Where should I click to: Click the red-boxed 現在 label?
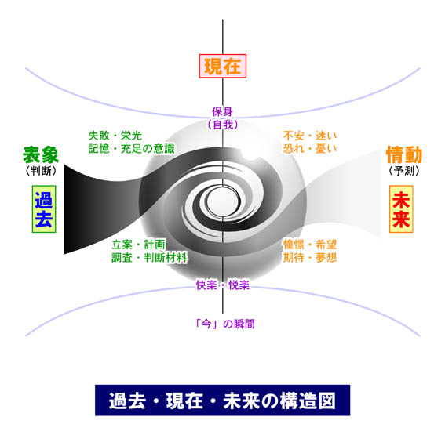(x=223, y=66)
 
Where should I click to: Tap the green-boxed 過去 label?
(x=44, y=209)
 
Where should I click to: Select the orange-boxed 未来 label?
(x=401, y=209)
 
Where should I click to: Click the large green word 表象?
(x=41, y=155)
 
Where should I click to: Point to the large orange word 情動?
(x=404, y=154)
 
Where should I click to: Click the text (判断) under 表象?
(x=41, y=171)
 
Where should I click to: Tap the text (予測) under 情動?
(x=404, y=171)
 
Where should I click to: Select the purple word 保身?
(x=223, y=111)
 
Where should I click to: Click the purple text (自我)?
(x=223, y=125)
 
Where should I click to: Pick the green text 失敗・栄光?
(x=115, y=136)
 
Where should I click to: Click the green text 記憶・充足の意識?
(x=131, y=149)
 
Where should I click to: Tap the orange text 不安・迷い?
(x=310, y=136)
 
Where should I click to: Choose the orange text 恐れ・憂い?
(x=310, y=149)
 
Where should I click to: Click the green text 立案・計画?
(x=138, y=245)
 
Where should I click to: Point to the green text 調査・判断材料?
(x=149, y=258)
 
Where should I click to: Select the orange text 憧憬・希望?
(x=310, y=245)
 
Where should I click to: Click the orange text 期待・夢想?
(x=310, y=258)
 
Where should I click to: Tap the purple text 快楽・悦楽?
(x=223, y=285)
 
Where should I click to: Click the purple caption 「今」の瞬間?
(x=225, y=324)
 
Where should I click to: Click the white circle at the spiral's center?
(x=224, y=201)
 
